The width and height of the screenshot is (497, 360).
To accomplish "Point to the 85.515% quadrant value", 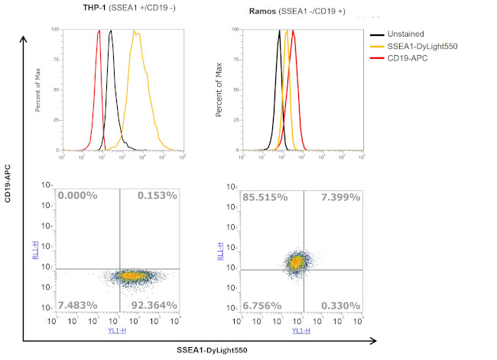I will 261,197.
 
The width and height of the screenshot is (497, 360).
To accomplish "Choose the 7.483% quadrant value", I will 77,306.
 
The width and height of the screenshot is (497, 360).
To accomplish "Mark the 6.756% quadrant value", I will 262,306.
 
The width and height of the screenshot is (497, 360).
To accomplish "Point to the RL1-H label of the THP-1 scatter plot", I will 36,251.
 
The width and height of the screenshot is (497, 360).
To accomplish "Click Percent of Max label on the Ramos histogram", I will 220,90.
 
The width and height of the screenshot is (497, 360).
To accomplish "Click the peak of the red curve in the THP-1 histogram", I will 99,32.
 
